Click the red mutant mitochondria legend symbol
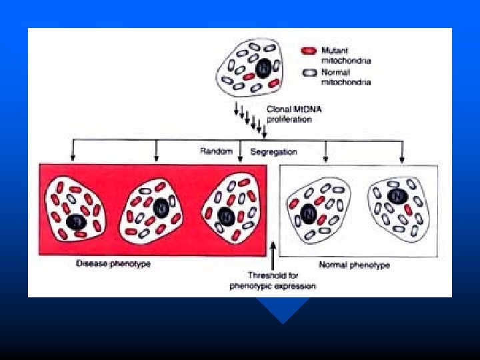click(x=308, y=51)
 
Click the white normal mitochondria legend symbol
click(x=308, y=73)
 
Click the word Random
click(x=216, y=151)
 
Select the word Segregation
click(x=273, y=151)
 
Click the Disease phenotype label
click(x=113, y=264)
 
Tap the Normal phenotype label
click(x=355, y=265)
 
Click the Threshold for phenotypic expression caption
click(x=273, y=280)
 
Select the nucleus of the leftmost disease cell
click(x=76, y=222)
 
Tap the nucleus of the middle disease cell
click(x=160, y=209)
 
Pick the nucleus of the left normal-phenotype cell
click(x=308, y=213)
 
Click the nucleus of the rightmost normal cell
click(x=397, y=196)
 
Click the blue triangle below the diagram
click(x=283, y=309)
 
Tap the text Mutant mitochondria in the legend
click(x=345, y=55)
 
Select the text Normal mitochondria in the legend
click(x=345, y=77)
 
